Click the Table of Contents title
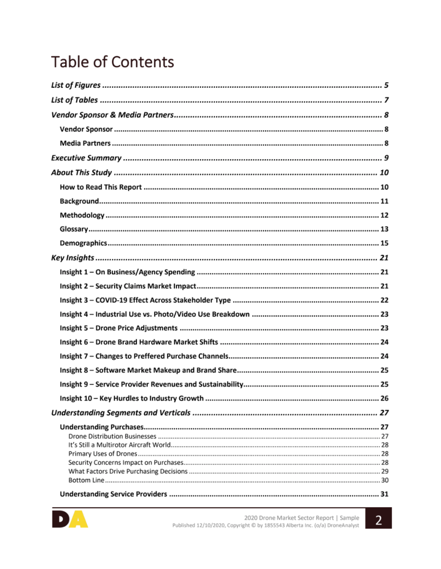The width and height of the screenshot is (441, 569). (112, 62)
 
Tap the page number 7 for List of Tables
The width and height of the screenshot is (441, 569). (386, 101)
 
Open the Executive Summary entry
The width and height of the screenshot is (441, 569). (86, 158)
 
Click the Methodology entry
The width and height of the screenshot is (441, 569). (82, 215)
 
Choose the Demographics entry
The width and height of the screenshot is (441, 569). (83, 243)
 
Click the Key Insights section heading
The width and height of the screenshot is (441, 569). (72, 258)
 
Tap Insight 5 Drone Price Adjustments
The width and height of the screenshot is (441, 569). (119, 328)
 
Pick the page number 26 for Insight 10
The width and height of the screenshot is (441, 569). (384, 398)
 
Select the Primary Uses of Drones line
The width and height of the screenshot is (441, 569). (102, 454)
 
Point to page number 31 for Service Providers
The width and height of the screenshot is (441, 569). (384, 494)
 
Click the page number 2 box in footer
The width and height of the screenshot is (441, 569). (379, 519)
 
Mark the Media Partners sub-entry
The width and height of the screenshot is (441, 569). (85, 144)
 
